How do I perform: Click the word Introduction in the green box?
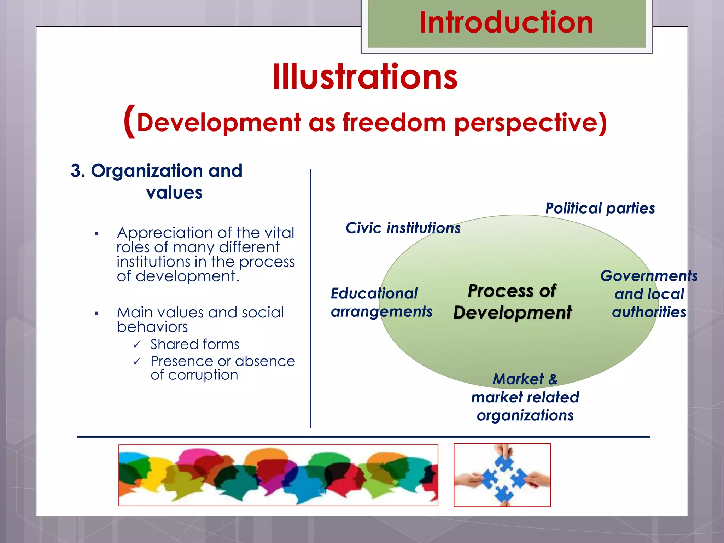tap(506, 23)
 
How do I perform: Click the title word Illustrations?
tap(365, 77)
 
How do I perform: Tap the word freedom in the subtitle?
tap(394, 123)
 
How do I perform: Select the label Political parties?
tap(600, 208)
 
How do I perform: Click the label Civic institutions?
tap(403, 228)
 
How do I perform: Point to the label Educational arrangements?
tap(381, 303)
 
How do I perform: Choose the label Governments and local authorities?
tap(649, 294)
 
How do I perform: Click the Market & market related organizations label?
tap(525, 397)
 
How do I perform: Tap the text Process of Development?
tap(512, 302)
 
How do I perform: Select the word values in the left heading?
tap(174, 193)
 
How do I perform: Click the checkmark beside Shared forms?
tap(137, 345)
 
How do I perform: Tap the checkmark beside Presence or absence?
tap(137, 362)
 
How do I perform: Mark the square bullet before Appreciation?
tap(97, 234)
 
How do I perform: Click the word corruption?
tap(203, 375)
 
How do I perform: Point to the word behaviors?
tap(152, 327)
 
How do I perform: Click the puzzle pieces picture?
tap(502, 475)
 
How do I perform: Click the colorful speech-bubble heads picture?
tap(278, 475)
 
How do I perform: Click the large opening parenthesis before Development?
tap(130, 121)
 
